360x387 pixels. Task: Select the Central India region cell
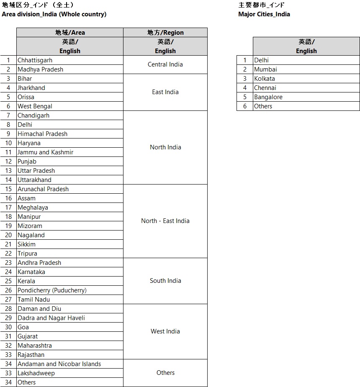[165, 64]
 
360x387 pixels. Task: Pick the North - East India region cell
[165, 221]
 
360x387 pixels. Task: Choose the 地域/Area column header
[70, 33]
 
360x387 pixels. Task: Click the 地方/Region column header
[165, 33]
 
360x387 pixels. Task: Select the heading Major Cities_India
[264, 14]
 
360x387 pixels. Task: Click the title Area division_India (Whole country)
[54, 14]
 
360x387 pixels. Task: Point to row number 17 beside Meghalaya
[8, 208]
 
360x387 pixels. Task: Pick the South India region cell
[165, 281]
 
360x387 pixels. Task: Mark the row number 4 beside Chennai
[245, 88]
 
